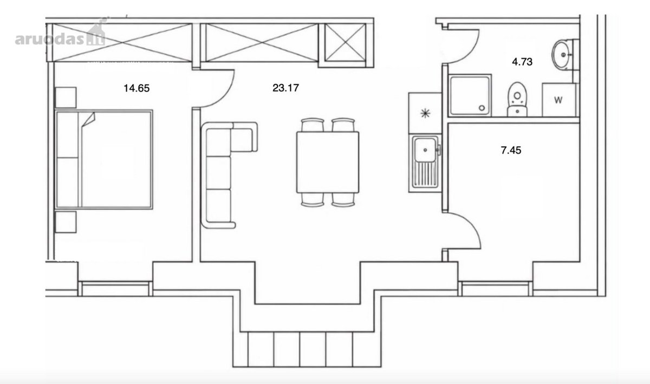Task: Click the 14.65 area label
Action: pos(136,88)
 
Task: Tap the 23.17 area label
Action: pos(285,88)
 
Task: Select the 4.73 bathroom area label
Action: pos(522,62)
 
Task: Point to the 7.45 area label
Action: pos(511,151)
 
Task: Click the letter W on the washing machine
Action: pos(558,100)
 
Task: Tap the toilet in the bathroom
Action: pos(517,99)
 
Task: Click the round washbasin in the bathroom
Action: pos(562,55)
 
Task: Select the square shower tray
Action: pos(470,95)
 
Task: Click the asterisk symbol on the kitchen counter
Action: pos(425,113)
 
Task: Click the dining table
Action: pos(328,162)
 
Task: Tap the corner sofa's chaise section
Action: pos(243,138)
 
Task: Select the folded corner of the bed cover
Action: pos(89,119)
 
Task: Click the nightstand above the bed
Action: pos(66,98)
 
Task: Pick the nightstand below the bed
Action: pos(66,222)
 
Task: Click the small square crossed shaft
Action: pos(345,43)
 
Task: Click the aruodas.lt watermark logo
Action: pos(60,36)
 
